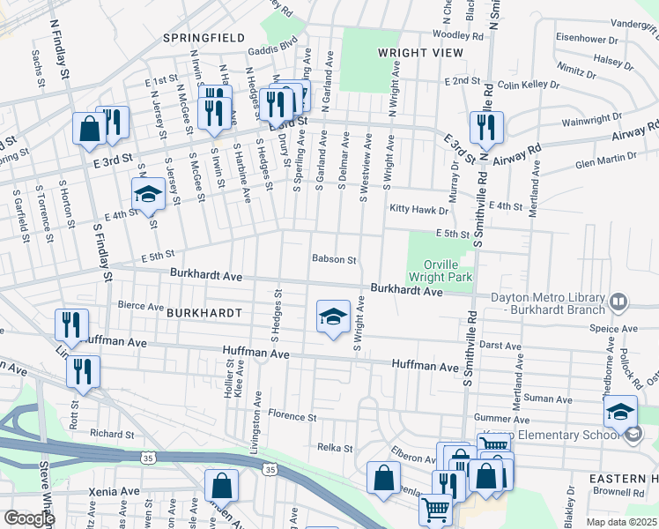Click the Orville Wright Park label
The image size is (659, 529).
(x=440, y=269)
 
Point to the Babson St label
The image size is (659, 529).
(x=334, y=260)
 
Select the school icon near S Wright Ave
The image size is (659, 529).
(x=333, y=317)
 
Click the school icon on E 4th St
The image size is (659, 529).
(x=148, y=195)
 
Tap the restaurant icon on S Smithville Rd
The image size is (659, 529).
(x=485, y=128)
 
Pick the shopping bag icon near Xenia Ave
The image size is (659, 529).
(x=221, y=486)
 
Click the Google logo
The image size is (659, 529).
(x=29, y=518)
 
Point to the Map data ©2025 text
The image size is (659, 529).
(x=622, y=522)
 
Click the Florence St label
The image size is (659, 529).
(x=292, y=415)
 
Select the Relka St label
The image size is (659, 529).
(x=335, y=448)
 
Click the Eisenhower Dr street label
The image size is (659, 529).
(x=590, y=39)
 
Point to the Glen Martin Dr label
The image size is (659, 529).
(x=605, y=160)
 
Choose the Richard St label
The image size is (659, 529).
(x=112, y=434)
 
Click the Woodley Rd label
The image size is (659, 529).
(x=458, y=35)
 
